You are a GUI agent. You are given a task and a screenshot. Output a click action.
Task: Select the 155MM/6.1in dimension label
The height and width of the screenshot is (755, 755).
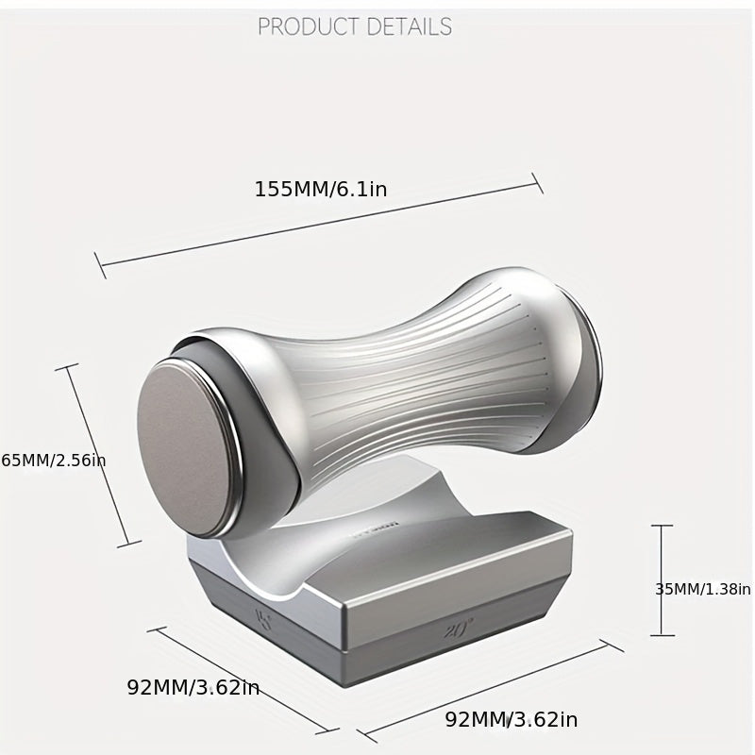coord(321,189)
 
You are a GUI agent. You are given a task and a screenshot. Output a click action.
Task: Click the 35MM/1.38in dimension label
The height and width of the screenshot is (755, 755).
coord(703,589)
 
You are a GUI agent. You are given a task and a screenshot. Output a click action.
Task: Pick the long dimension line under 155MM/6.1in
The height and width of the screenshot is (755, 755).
coord(321,225)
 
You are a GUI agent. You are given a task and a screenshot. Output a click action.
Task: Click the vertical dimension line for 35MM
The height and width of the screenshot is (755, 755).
coord(662,580)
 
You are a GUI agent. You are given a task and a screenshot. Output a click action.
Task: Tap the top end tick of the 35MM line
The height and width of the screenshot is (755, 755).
coord(662,526)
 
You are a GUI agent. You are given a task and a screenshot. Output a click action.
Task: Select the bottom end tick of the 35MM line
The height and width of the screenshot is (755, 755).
coord(662,635)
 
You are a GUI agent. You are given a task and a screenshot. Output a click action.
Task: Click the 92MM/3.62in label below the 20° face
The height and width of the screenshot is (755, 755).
coord(512,720)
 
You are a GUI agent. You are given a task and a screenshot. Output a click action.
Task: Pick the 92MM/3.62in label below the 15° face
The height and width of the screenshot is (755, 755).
coord(193,687)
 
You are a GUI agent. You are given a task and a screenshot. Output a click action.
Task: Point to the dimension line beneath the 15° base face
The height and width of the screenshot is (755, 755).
coord(243,679)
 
